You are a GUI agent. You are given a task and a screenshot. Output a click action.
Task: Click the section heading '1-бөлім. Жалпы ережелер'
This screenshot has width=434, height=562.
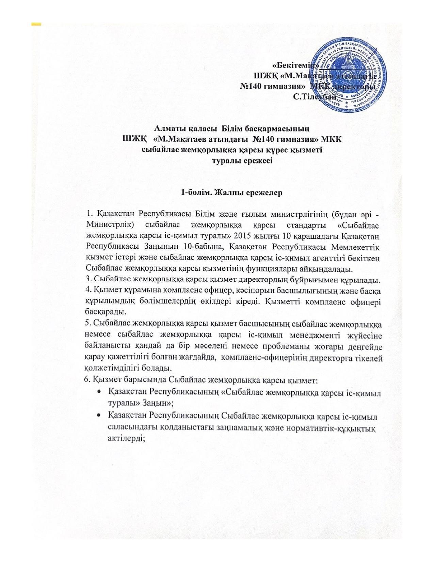tap(232, 193)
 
